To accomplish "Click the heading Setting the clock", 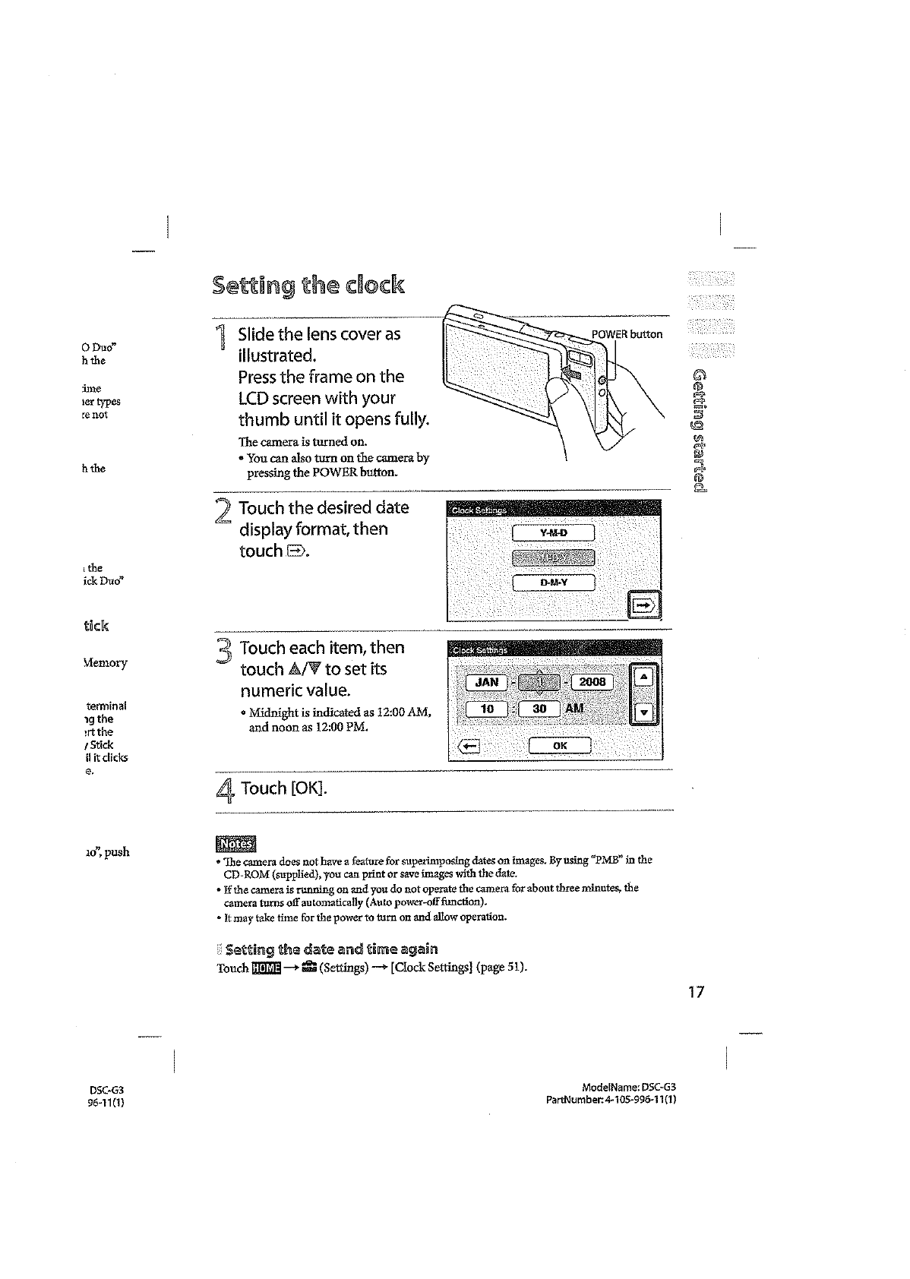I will click(308, 286).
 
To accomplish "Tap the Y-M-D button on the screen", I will click(554, 532).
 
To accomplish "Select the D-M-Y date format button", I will click(554, 583).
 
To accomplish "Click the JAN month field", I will click(486, 682).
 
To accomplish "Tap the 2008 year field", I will click(592, 682).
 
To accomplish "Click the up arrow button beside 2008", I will click(643, 675).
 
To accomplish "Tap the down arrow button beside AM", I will click(643, 712).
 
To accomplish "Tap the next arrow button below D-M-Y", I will click(644, 605).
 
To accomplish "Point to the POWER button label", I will click(627, 334).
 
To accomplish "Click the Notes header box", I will click(236, 844).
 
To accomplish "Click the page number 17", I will click(697, 992).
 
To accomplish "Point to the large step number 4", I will click(226, 791).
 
